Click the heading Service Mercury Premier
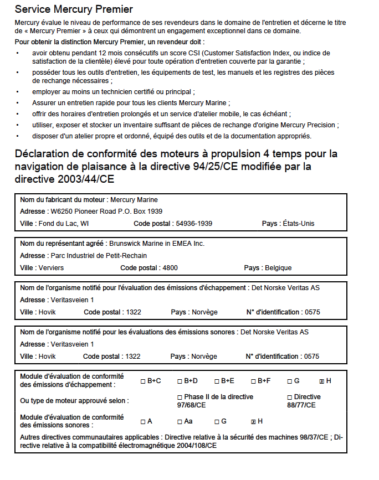tap(74, 9)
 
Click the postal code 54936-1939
tap(194, 224)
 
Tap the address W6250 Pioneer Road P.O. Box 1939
tap(106, 211)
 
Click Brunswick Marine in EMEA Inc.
tap(157, 244)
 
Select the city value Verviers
tap(51, 268)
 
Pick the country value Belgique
tap(278, 268)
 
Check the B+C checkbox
tap(143, 381)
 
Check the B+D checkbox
tap(180, 381)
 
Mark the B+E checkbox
tap(217, 381)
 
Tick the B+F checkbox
tap(253, 381)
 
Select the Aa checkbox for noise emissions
tap(180, 422)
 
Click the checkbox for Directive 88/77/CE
tap(289, 398)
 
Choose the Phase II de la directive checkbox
tap(180, 398)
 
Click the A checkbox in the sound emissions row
tap(143, 422)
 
